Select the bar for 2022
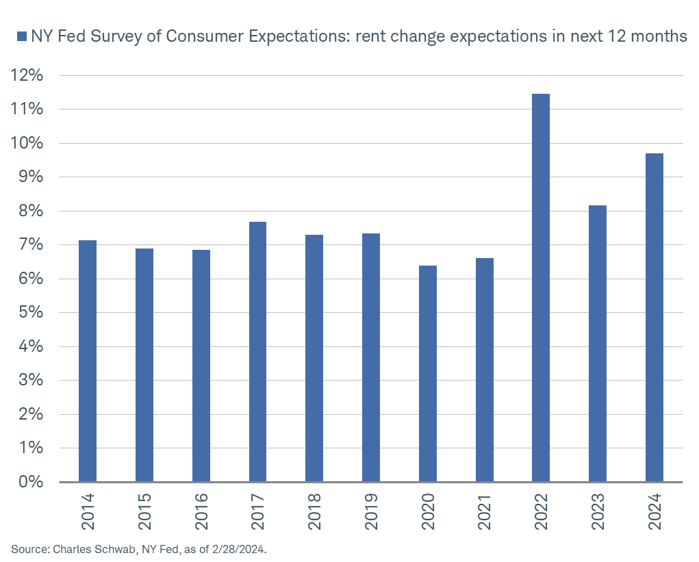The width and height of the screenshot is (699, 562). (541, 288)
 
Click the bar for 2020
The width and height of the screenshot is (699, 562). (427, 374)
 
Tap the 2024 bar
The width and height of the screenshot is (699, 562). (654, 318)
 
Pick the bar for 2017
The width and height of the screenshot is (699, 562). (257, 352)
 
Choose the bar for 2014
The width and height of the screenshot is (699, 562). (88, 361)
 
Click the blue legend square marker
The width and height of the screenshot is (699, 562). (21, 37)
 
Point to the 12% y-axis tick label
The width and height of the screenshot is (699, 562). (27, 75)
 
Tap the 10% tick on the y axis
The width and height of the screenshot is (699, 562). (27, 143)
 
